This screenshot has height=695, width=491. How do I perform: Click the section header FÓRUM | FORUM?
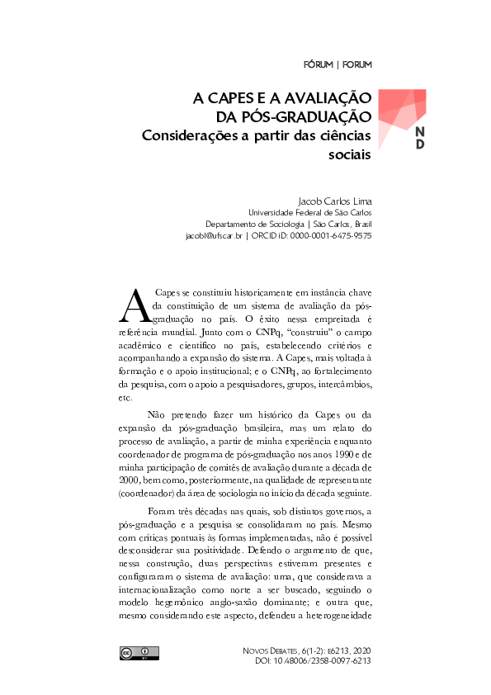click(x=337, y=64)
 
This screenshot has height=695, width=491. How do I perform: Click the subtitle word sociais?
click(x=350, y=154)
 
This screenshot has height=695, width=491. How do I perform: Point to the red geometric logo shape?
click(x=399, y=111)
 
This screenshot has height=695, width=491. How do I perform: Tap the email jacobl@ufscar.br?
click(x=214, y=235)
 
